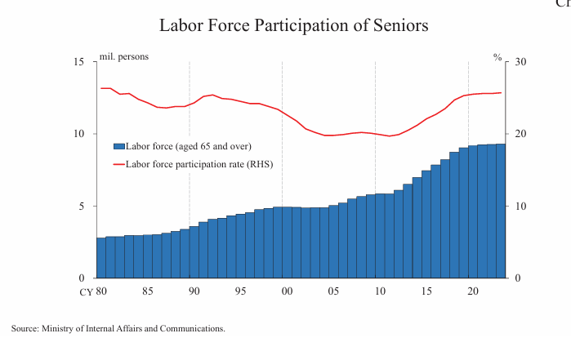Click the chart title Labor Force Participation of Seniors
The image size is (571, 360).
(293, 25)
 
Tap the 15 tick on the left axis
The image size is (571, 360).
(79, 62)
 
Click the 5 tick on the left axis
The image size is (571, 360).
(82, 206)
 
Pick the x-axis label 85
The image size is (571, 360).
(147, 291)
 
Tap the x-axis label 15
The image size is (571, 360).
(426, 291)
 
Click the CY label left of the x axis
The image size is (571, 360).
(85, 291)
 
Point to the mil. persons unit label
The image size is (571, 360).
(123, 56)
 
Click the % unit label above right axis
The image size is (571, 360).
(497, 57)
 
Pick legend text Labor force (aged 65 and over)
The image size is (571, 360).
(189, 146)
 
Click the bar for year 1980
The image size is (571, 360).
(100, 258)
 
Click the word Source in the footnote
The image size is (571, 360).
(25, 328)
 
